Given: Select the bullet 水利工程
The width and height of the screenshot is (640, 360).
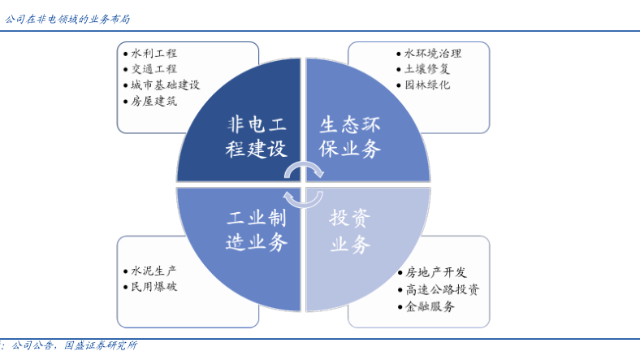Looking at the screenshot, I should tap(154, 53).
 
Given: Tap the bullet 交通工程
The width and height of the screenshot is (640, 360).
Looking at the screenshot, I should tap(154, 69).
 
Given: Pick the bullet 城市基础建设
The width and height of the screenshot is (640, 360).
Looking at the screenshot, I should tap(165, 85).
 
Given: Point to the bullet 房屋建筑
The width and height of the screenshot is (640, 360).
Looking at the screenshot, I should tap(154, 101).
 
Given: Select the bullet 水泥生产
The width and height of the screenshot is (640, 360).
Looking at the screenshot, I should tap(154, 271).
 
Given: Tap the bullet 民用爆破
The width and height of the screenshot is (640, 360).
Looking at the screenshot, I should tap(154, 286).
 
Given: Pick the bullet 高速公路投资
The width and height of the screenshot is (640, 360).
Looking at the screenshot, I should tap(443, 289).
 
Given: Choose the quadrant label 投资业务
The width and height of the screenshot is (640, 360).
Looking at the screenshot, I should tap(350, 230).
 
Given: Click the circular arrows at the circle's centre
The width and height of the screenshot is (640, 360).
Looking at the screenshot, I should tap(304, 184).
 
